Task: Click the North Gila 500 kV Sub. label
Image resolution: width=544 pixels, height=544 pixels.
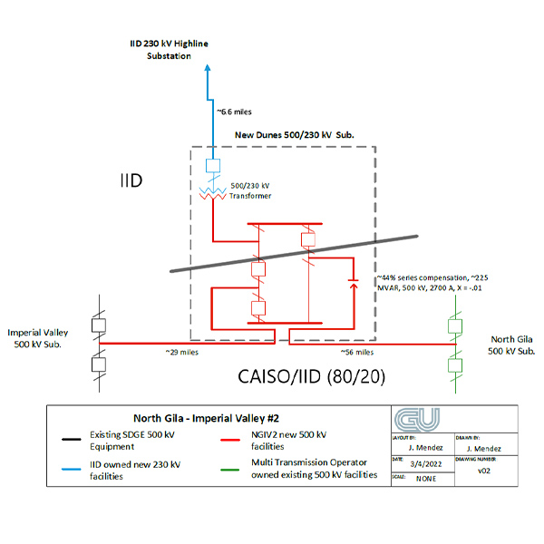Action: [x=505, y=345]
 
